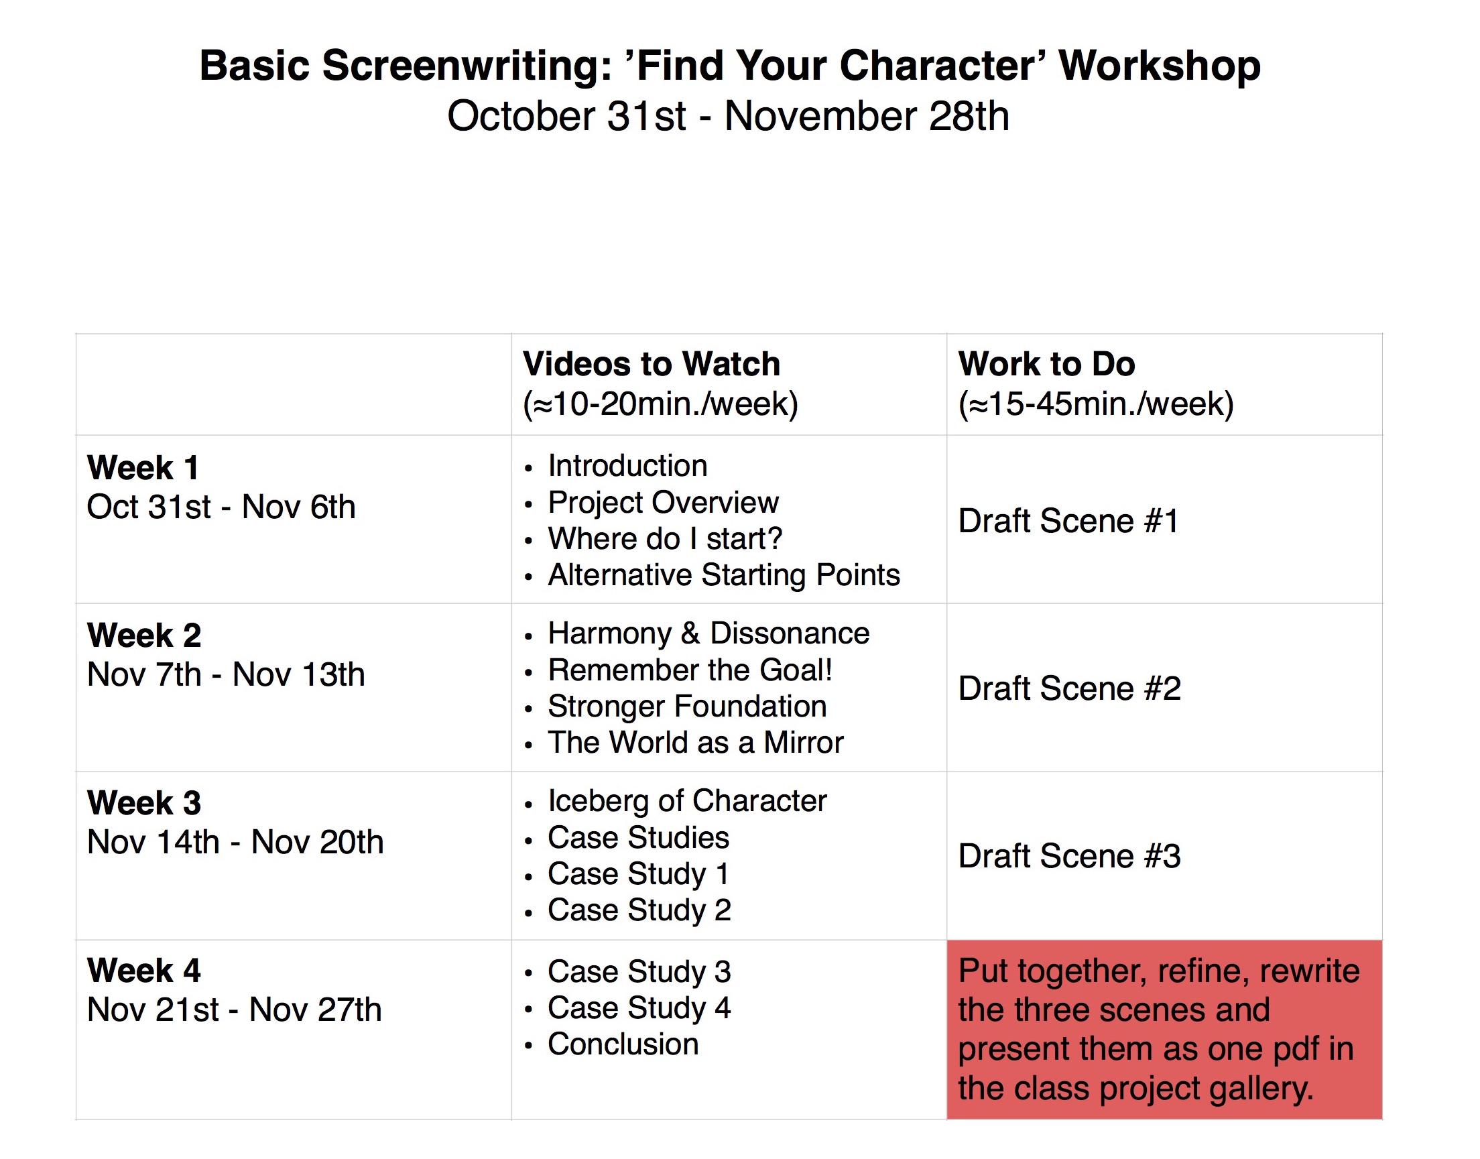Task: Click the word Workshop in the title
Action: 1159,66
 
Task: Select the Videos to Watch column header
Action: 651,365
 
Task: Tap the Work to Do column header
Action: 1046,365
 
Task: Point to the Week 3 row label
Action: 144,803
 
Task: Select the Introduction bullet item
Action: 627,466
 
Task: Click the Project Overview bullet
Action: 662,503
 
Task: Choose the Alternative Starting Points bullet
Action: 723,575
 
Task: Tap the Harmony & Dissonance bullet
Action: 708,633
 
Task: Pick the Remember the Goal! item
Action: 690,670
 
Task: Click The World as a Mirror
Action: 695,743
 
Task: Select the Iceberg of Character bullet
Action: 687,802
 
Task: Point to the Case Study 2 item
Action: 639,910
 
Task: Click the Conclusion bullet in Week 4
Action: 622,1044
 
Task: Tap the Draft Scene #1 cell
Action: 1068,521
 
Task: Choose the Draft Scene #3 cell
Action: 1068,857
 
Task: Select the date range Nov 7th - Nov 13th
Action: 225,674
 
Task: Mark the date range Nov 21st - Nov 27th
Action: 234,1010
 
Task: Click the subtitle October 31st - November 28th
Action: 727,116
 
